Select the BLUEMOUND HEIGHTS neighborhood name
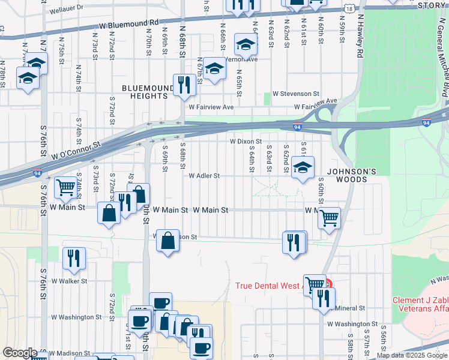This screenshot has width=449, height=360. (x=144, y=92)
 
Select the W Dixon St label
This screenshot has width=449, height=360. (x=246, y=142)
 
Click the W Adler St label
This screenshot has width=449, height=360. (x=205, y=176)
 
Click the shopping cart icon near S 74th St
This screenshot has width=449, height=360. (x=65, y=187)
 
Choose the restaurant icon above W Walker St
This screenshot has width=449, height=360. (x=74, y=258)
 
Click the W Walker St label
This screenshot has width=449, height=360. (x=69, y=281)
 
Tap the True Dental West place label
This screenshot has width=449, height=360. (x=269, y=286)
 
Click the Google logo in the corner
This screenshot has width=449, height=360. (x=20, y=353)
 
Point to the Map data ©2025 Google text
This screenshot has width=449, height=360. (x=412, y=355)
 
